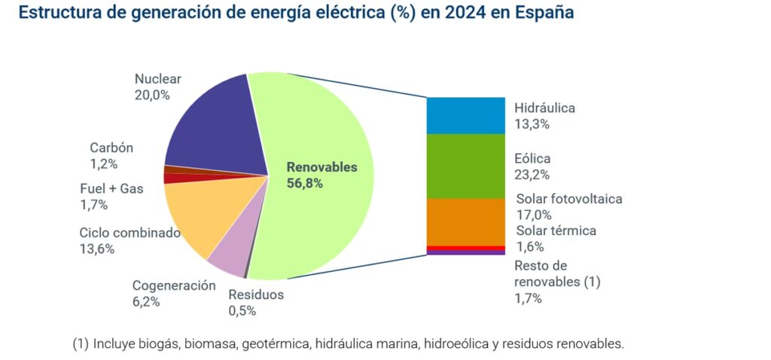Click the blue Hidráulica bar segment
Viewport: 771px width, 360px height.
coord(465,115)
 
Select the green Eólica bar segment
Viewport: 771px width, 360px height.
coord(465,166)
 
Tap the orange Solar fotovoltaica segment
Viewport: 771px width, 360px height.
coord(465,221)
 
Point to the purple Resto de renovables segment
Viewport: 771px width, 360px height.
coord(465,252)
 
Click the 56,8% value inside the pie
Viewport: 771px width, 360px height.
coord(304,183)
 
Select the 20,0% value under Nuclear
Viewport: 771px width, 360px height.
coord(152,95)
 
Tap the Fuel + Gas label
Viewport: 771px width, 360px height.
coord(111,188)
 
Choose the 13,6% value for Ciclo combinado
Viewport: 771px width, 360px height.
coord(97,249)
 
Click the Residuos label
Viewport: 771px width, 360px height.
coord(256,294)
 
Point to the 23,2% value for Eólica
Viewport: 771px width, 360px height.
coord(532,175)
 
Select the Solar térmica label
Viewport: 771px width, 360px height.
coord(556,230)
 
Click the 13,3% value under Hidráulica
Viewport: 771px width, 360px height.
coord(532,124)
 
